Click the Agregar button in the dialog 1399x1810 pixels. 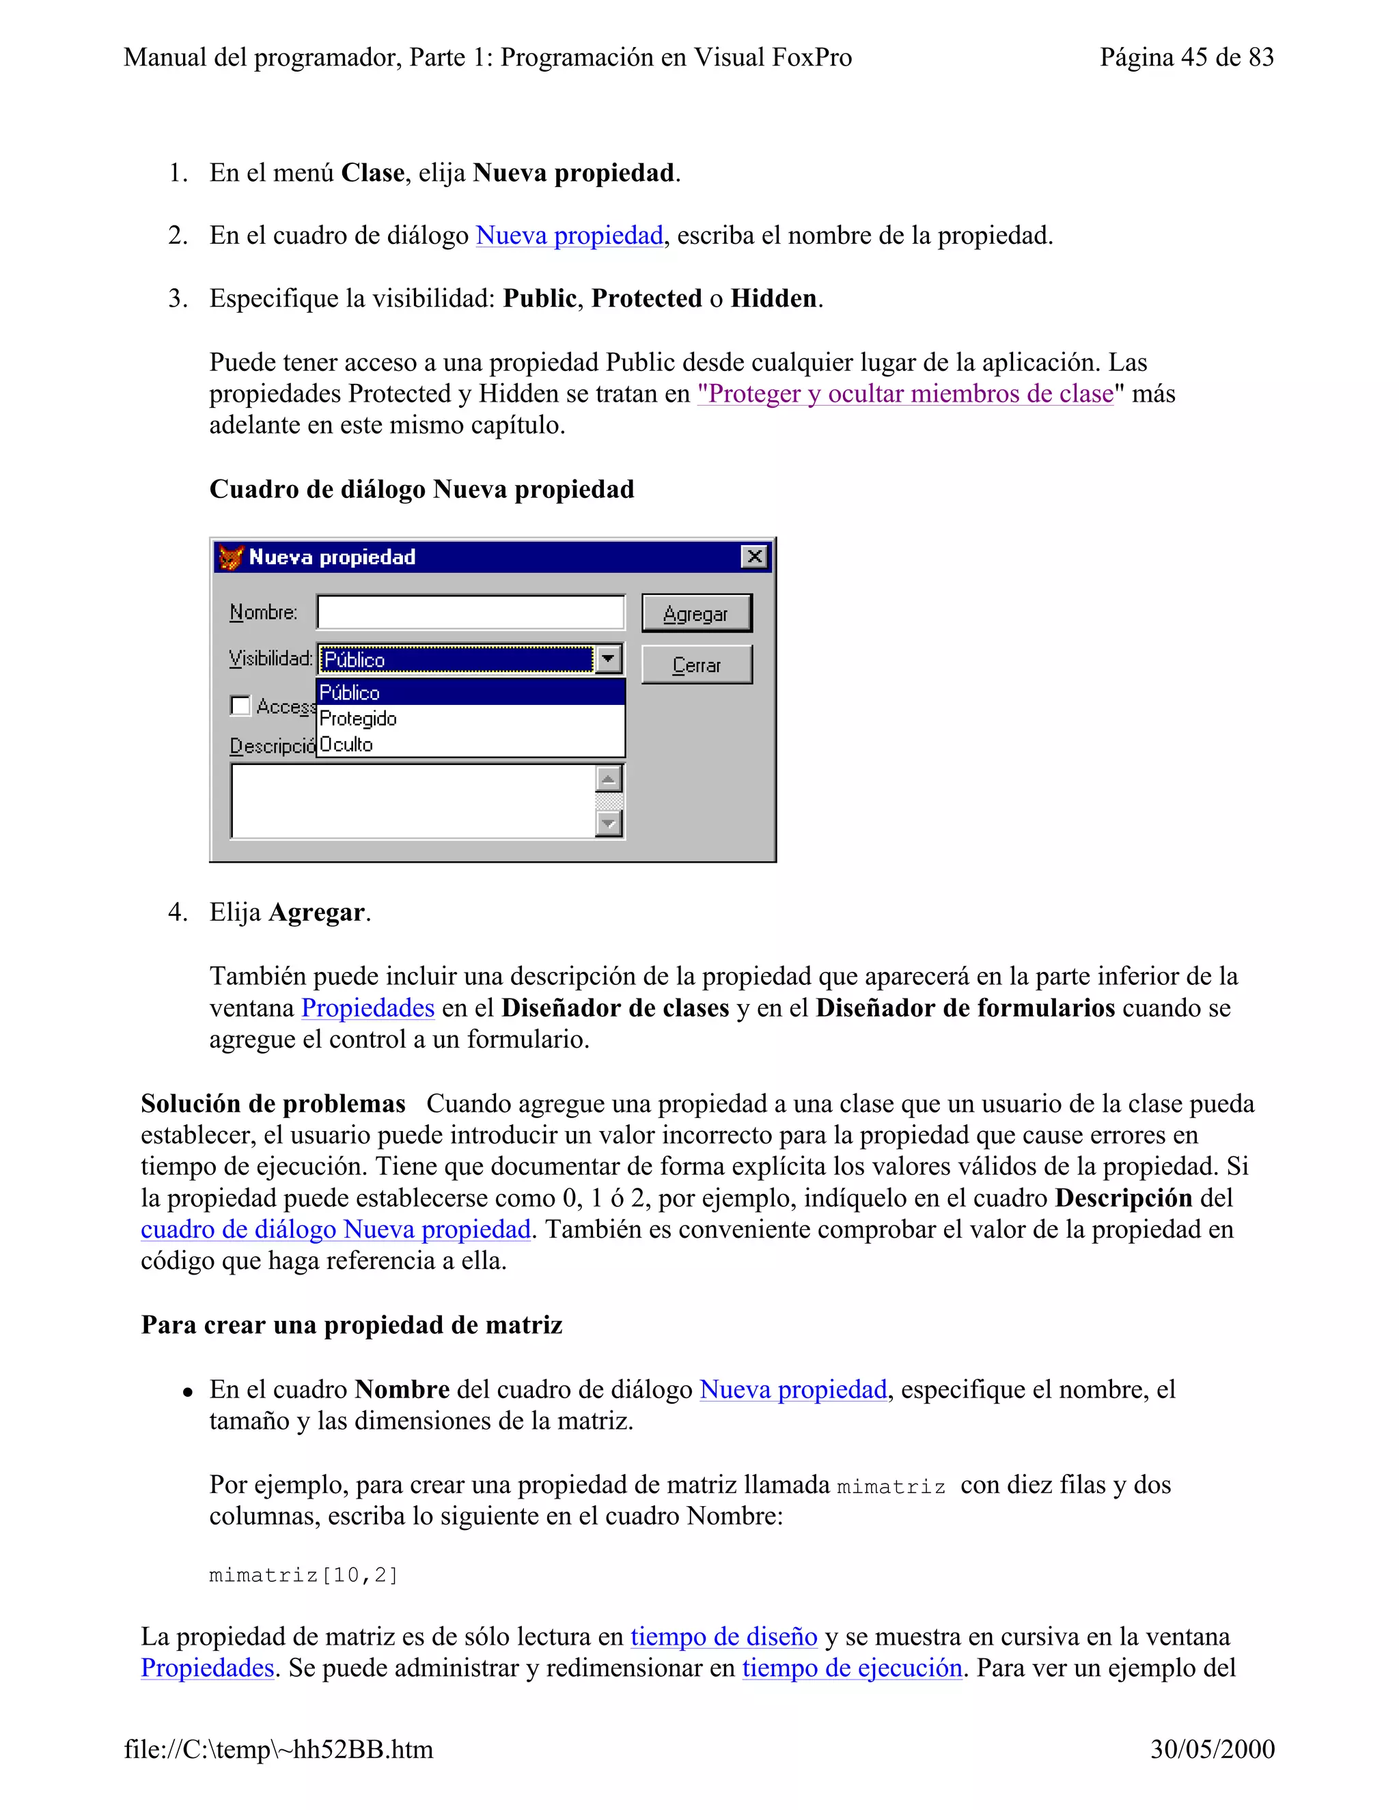[696, 613]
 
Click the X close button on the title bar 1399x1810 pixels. [754, 556]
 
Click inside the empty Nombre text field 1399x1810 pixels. [470, 613]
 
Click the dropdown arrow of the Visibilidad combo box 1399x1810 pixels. [609, 659]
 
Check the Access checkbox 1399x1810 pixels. [240, 706]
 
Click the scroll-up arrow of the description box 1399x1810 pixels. [609, 779]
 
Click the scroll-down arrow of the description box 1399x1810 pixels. [609, 823]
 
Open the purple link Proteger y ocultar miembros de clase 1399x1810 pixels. [905, 393]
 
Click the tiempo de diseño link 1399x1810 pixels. [723, 1636]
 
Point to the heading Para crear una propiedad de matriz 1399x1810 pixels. [351, 1324]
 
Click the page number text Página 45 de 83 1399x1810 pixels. [1186, 57]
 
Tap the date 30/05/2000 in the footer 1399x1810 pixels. [1212, 1749]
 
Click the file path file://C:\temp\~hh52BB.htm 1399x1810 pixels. [279, 1749]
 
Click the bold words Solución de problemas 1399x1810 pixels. [273, 1104]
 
